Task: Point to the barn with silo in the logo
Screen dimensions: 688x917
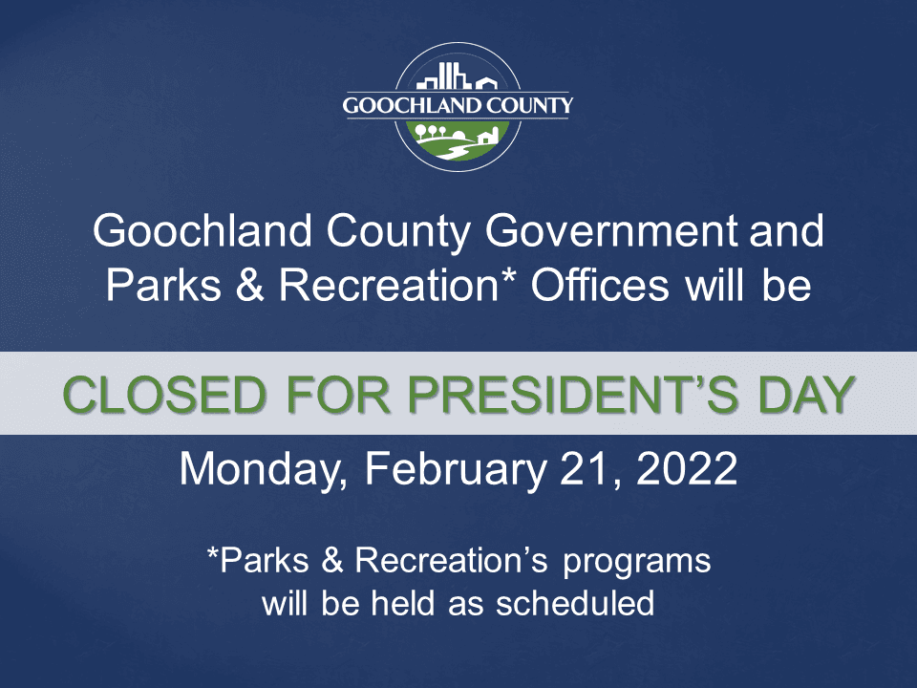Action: (x=487, y=136)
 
